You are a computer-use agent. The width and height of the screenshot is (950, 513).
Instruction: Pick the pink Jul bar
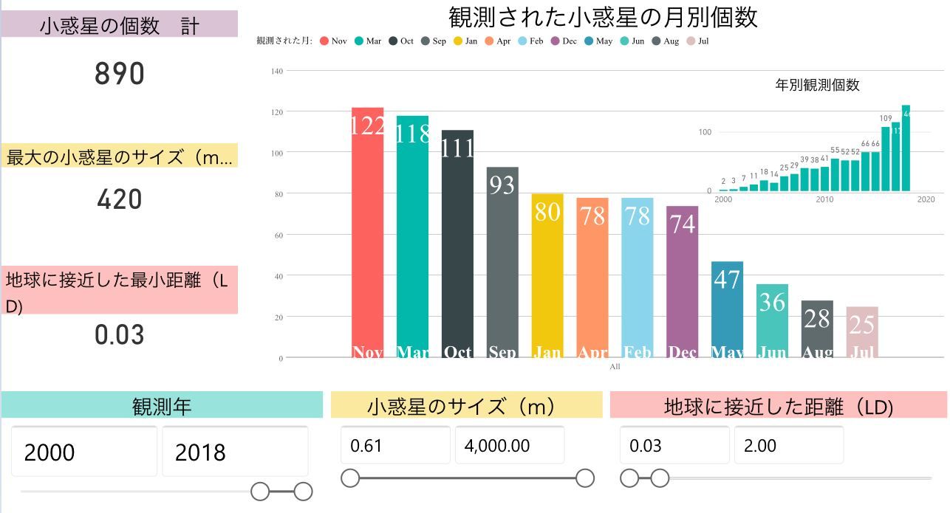(862, 332)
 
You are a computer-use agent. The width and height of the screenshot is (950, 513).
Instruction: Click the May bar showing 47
(727, 309)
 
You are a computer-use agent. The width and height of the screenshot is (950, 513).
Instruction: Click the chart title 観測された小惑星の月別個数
(603, 17)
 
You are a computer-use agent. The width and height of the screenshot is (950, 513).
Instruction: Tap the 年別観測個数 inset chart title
(817, 85)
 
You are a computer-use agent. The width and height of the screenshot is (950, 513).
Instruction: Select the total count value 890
(120, 74)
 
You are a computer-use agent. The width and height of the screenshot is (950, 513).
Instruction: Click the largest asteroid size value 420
(120, 199)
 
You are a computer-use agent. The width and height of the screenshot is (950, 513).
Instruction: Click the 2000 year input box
(84, 452)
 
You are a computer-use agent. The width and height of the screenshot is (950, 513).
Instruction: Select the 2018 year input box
(235, 452)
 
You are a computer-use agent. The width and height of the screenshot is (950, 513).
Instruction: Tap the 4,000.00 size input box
(509, 446)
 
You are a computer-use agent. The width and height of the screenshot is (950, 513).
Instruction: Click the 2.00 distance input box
(788, 446)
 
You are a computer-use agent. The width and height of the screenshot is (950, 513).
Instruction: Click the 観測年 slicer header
(162, 406)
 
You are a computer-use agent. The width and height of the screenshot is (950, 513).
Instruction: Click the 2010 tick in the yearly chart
(824, 199)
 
